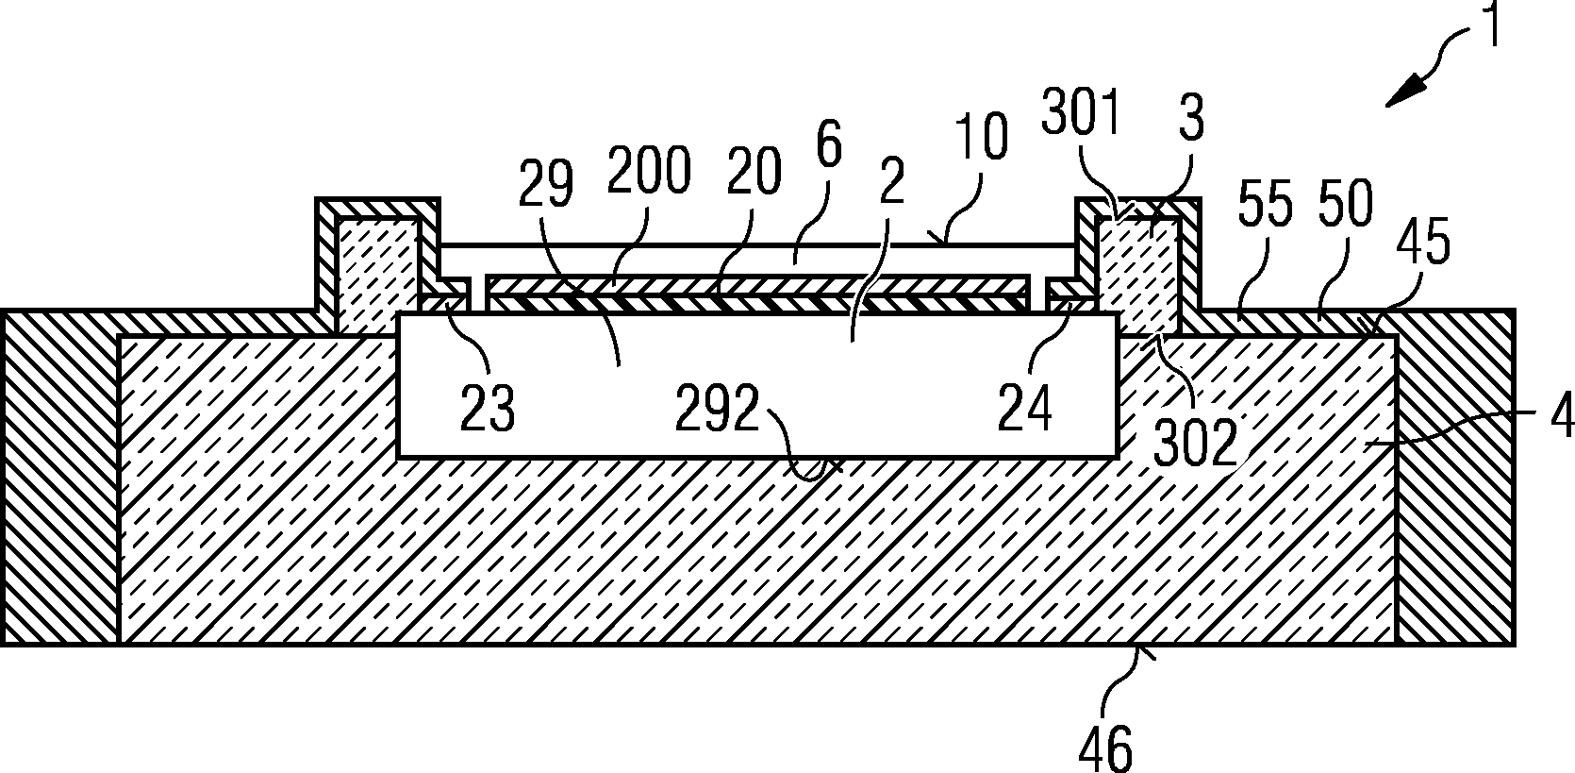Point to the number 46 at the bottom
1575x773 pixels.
coord(1105,748)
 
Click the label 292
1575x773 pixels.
coord(719,410)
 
